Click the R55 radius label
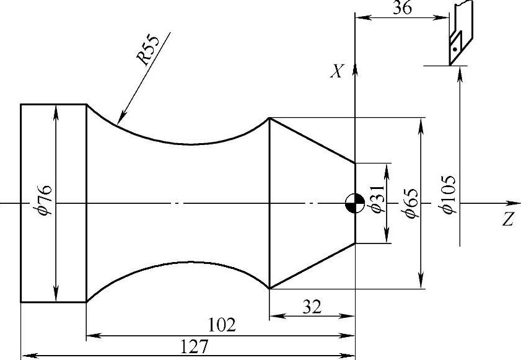(148, 50)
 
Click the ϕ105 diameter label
(447, 195)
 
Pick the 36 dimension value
(403, 7)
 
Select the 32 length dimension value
(312, 307)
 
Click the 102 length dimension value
(222, 325)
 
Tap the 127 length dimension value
(194, 347)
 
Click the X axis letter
(336, 71)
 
